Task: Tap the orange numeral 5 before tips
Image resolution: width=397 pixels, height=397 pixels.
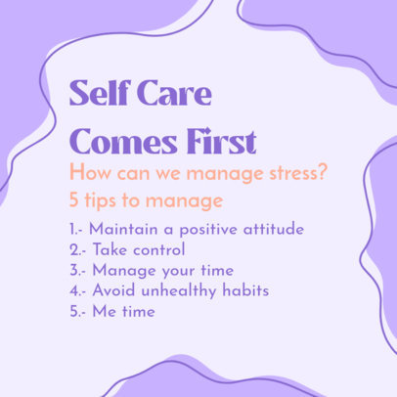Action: [x=74, y=201]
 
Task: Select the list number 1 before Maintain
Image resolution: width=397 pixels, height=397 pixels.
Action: [x=73, y=232]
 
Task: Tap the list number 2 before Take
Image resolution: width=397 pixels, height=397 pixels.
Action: [x=74, y=251]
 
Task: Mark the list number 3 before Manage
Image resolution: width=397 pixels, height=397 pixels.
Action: [x=74, y=271]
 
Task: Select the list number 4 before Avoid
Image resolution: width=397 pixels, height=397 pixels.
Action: [x=74, y=290]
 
